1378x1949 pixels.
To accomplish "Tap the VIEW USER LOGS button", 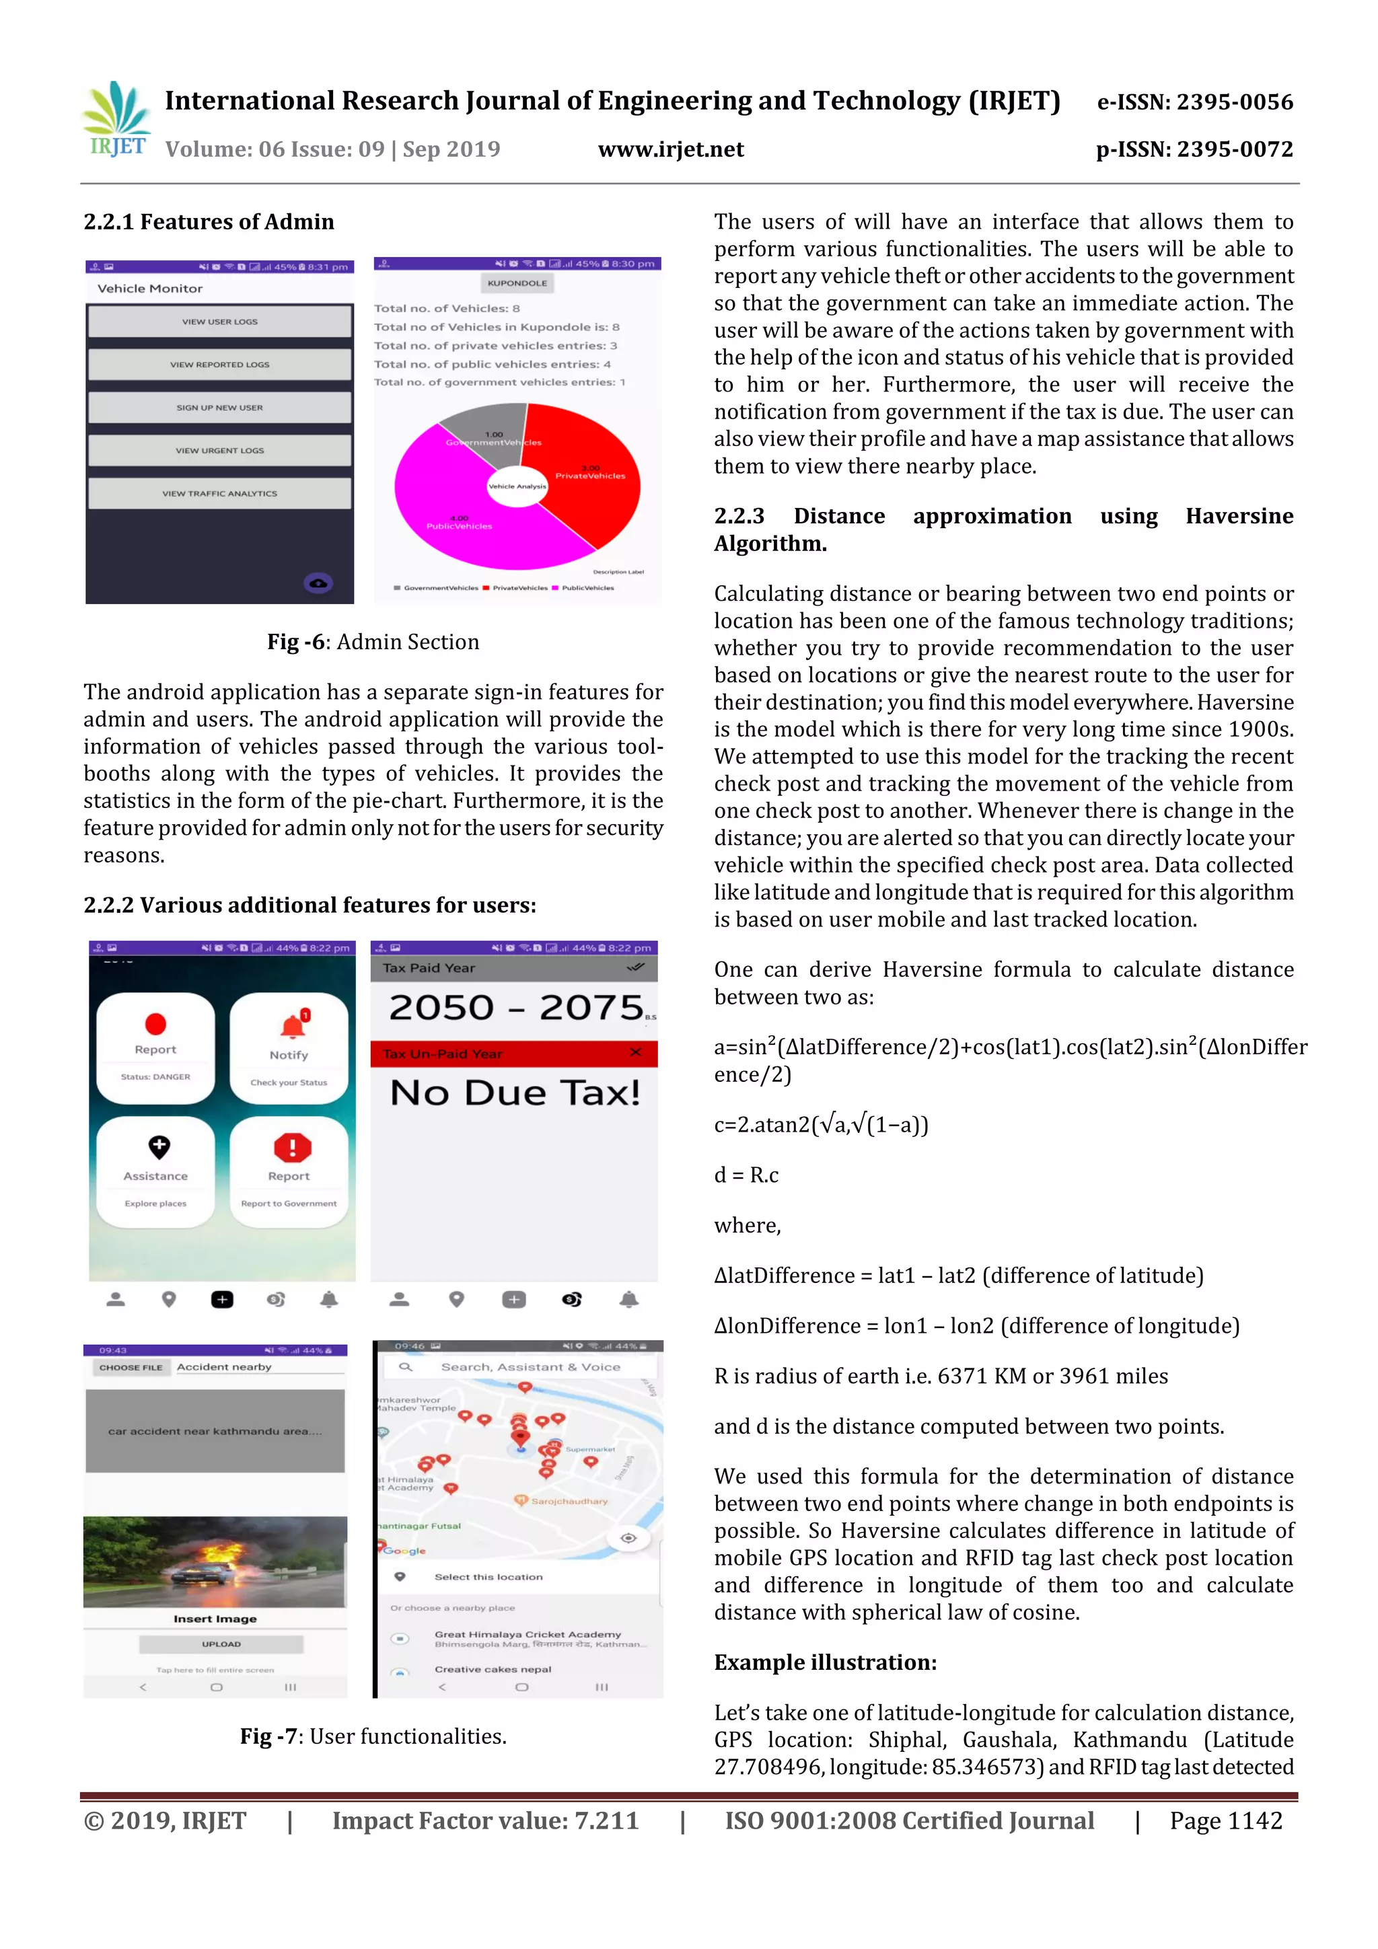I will pos(219,322).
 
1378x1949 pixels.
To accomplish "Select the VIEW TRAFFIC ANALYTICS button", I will pos(219,493).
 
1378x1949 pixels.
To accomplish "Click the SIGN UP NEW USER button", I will pos(219,408).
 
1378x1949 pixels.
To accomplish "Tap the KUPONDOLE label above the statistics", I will pos(517,283).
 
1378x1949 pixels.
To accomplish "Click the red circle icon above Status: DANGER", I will pos(155,1024).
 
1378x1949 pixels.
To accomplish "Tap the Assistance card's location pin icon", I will pos(159,1147).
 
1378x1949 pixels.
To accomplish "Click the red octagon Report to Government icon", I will pos(292,1148).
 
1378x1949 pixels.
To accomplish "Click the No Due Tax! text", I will pos(515,1093).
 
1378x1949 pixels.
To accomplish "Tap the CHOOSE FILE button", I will pos(131,1368).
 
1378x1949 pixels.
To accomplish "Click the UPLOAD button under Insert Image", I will pos(221,1644).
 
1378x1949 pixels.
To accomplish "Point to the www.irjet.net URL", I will pos(671,149).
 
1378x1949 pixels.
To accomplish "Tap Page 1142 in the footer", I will pos(1225,1821).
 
